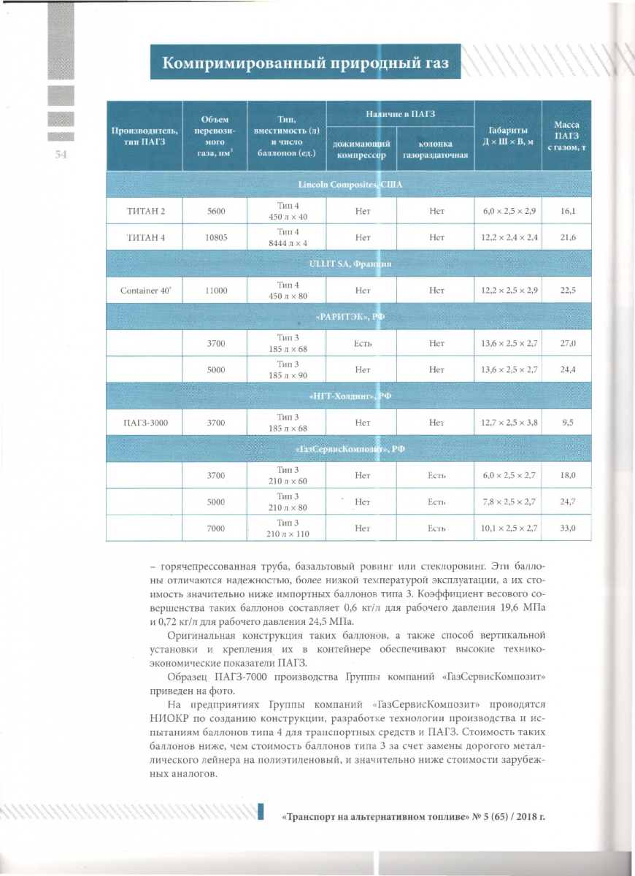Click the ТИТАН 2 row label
pos(143,211)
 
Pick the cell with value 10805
pos(216,237)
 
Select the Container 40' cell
pos(143,291)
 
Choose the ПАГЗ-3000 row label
pos(143,422)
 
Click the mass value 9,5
pos(567,422)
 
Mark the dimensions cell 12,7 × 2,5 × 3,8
pos(509,422)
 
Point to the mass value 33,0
pos(567,528)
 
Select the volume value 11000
pos(216,291)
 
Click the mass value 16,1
pos(567,211)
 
